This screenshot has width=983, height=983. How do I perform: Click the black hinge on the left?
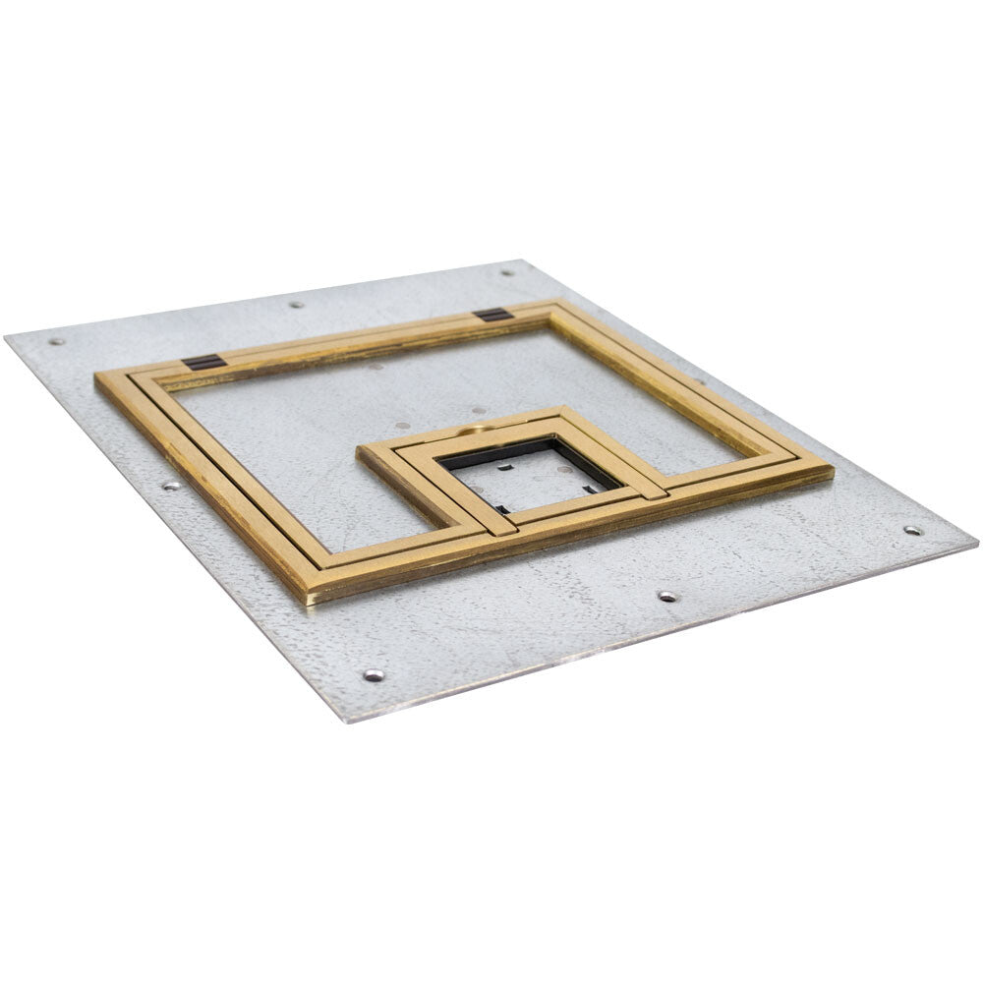[204, 362]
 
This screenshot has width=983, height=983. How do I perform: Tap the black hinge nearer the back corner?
[492, 315]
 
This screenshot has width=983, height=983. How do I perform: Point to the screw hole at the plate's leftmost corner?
[55, 341]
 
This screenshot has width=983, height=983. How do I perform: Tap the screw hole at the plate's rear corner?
[507, 272]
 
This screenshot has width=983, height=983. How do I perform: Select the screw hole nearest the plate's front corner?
[374, 675]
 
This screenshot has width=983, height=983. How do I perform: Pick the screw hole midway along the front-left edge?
[171, 485]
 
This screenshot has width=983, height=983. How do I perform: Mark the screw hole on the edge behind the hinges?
[295, 304]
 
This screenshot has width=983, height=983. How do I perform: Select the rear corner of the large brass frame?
[556, 303]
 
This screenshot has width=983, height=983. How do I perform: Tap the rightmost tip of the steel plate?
[976, 541]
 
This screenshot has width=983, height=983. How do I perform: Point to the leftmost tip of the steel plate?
[5, 337]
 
